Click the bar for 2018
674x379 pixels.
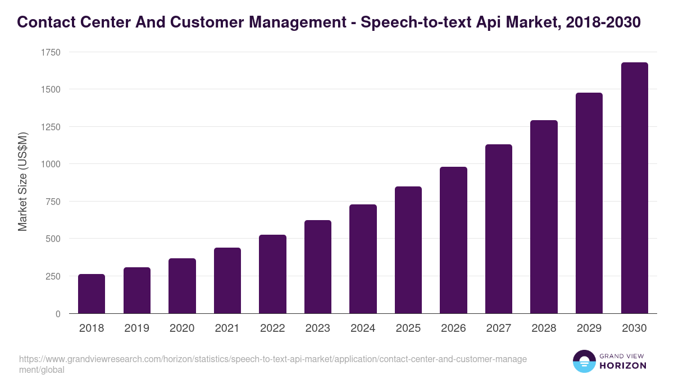click(92, 294)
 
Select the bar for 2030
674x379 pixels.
click(634, 188)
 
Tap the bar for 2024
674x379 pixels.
click(363, 259)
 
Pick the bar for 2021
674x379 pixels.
click(227, 281)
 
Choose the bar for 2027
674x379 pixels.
click(499, 229)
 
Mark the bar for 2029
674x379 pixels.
click(589, 203)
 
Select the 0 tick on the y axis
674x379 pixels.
click(58, 314)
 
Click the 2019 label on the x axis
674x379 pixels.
click(136, 328)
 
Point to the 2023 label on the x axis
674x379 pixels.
click(317, 328)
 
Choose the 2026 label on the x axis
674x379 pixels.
click(453, 328)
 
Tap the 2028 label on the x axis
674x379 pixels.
click(544, 328)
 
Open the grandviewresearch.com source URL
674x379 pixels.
click(272, 364)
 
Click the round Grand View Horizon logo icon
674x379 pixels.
click(584, 361)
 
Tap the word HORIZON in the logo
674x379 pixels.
click(623, 366)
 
